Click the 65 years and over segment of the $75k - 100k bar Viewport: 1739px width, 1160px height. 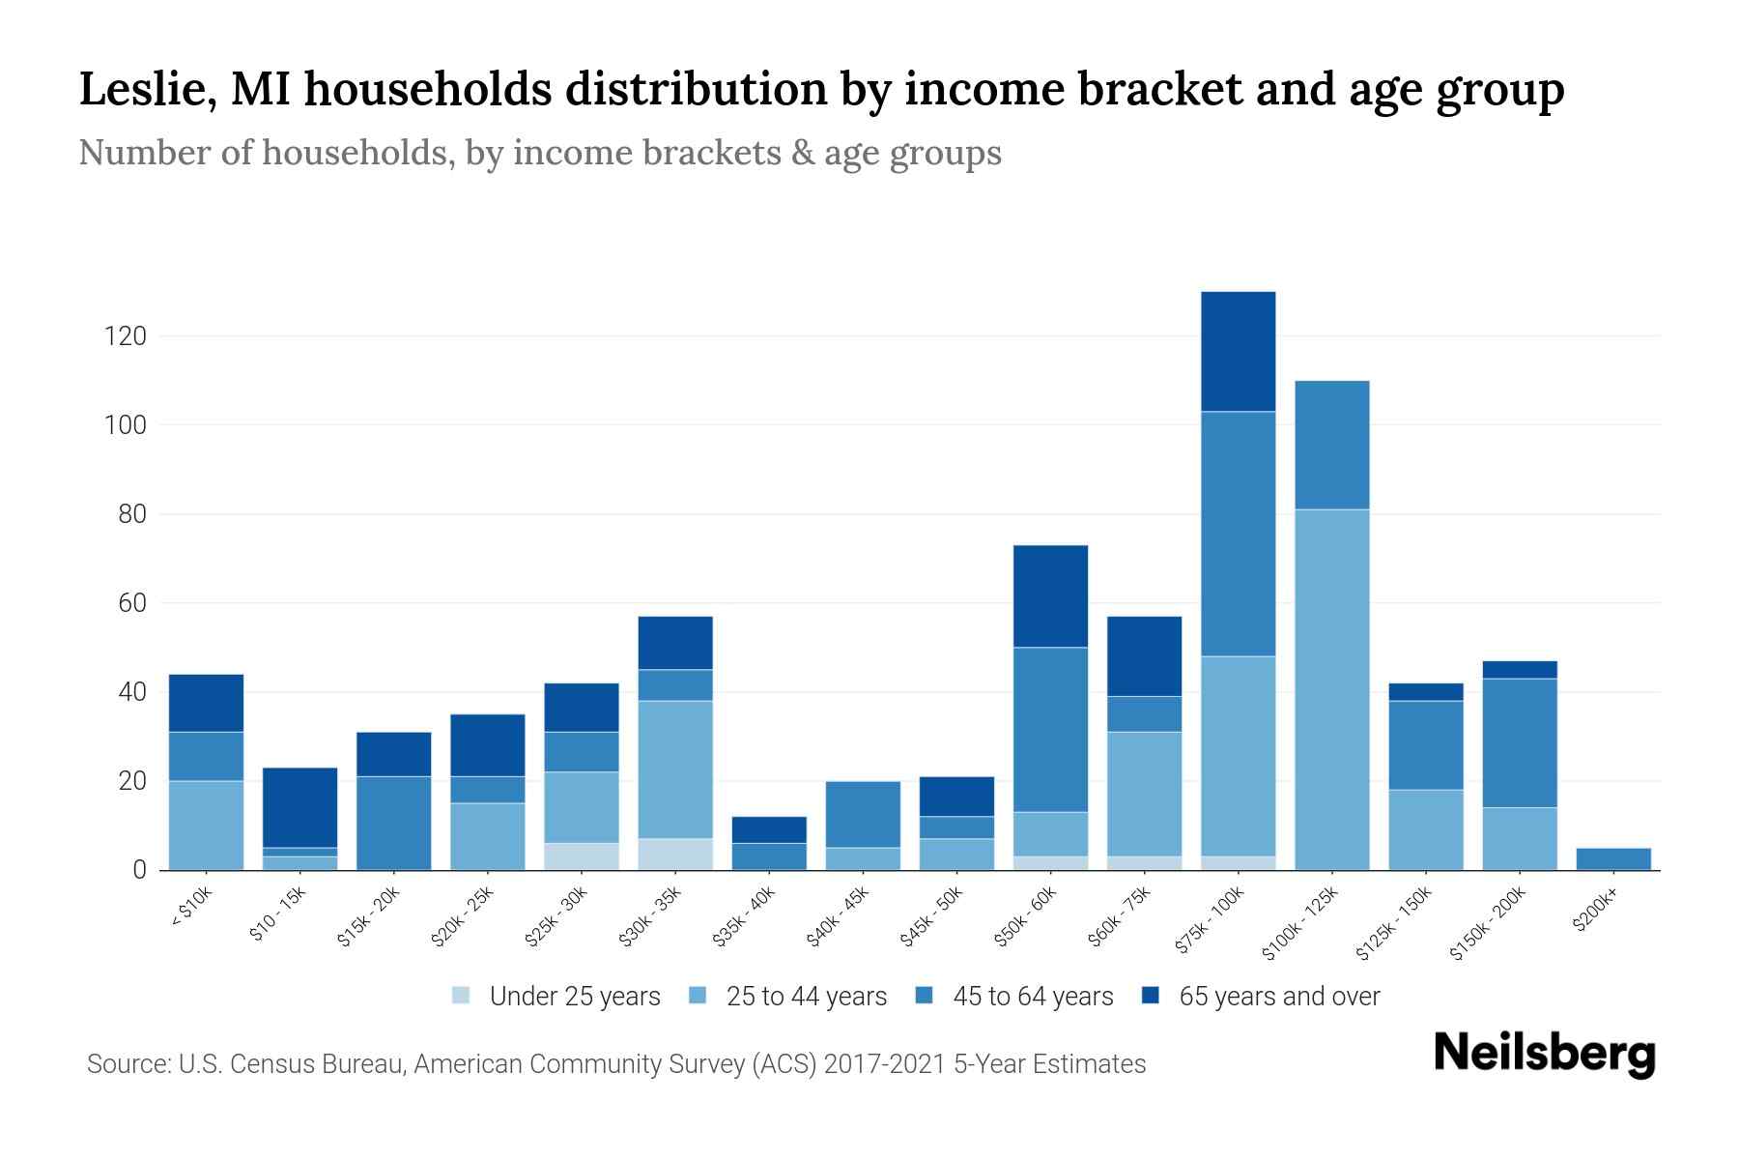coord(1238,352)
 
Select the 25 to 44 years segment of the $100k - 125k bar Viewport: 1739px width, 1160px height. coord(1331,689)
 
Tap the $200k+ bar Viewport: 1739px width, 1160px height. coord(1613,858)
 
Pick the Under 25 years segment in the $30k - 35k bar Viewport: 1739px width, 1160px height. coord(675,854)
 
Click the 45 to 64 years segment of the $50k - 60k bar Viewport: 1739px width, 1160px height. coord(1050,729)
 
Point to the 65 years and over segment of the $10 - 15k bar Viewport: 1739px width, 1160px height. coord(299,807)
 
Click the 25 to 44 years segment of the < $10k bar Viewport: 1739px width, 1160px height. coord(206,825)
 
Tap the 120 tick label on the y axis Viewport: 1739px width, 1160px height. coord(126,336)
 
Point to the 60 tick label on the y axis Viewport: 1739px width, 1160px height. coord(132,603)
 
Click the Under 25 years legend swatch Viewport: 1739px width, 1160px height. coord(462,996)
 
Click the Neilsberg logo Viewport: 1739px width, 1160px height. coord(1544,1053)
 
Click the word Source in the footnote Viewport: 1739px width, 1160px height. coord(127,1064)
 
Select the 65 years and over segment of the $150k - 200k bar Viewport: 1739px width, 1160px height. coord(1520,670)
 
